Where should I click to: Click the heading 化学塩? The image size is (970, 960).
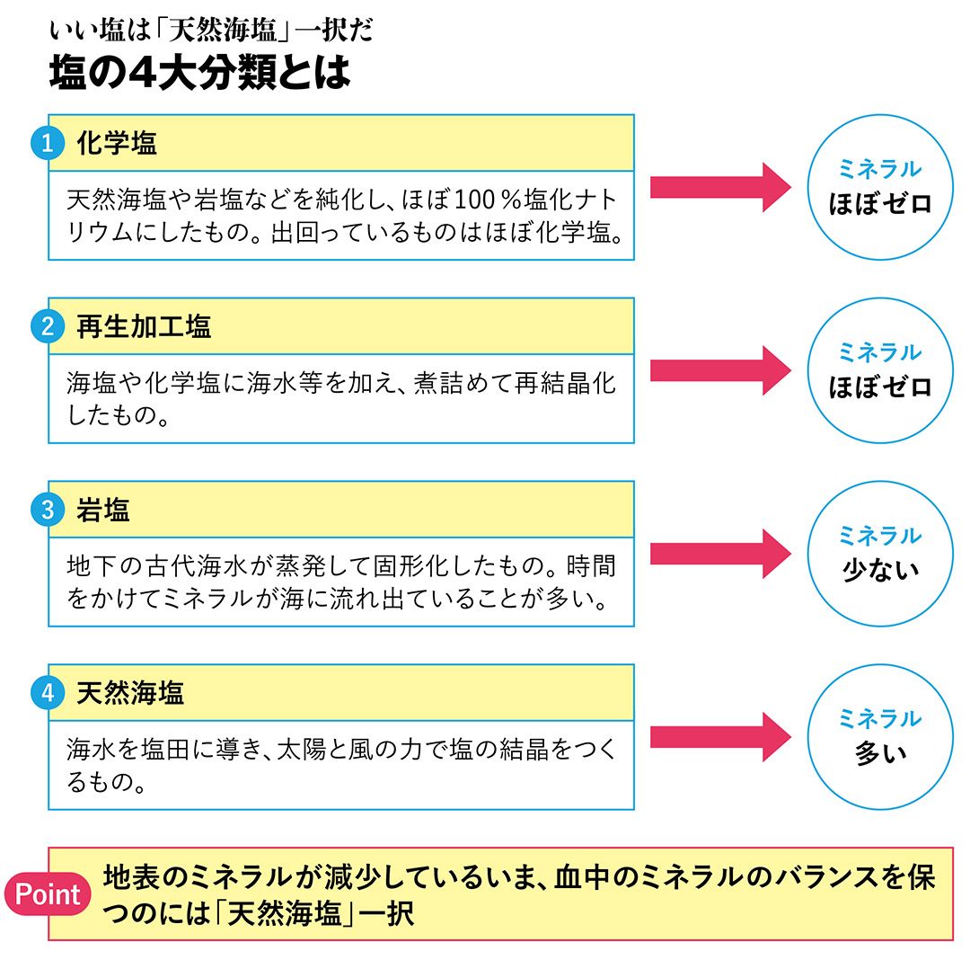point(117,143)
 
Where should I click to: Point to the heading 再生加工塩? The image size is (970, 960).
point(144,326)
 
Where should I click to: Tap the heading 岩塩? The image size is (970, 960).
point(103,511)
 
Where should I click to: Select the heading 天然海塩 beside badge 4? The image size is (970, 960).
point(130,693)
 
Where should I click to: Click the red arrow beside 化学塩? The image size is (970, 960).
point(719,187)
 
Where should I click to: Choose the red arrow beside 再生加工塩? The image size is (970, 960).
point(719,370)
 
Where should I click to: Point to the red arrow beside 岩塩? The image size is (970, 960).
point(719,554)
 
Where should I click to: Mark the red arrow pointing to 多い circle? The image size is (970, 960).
point(719,737)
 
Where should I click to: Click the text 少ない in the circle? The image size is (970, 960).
point(880,570)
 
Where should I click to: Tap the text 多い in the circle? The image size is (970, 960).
point(880,753)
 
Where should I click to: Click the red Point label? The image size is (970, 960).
point(48,894)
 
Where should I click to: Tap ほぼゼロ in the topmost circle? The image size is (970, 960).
point(880,202)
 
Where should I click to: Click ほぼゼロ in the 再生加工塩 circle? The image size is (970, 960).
point(880,387)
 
